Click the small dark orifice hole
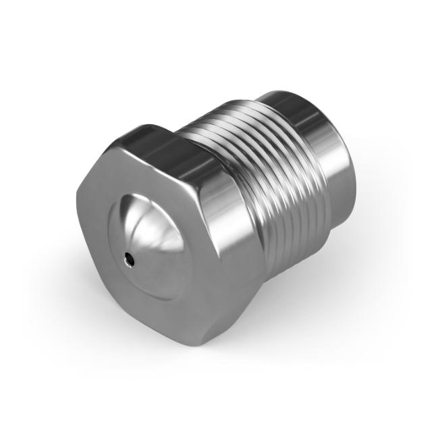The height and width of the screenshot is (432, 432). [129, 256]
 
